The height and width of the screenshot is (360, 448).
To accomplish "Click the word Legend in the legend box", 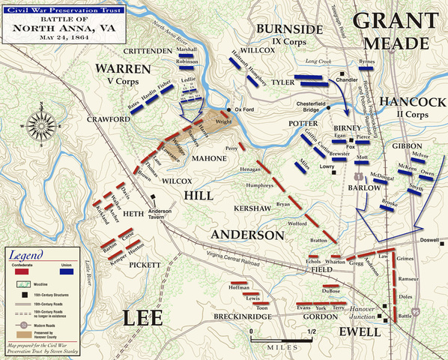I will pyautogui.click(x=27, y=256).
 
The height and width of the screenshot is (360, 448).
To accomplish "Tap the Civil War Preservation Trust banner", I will pyautogui.click(x=52, y=6).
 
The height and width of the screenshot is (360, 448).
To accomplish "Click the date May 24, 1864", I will pyautogui.click(x=50, y=40).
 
